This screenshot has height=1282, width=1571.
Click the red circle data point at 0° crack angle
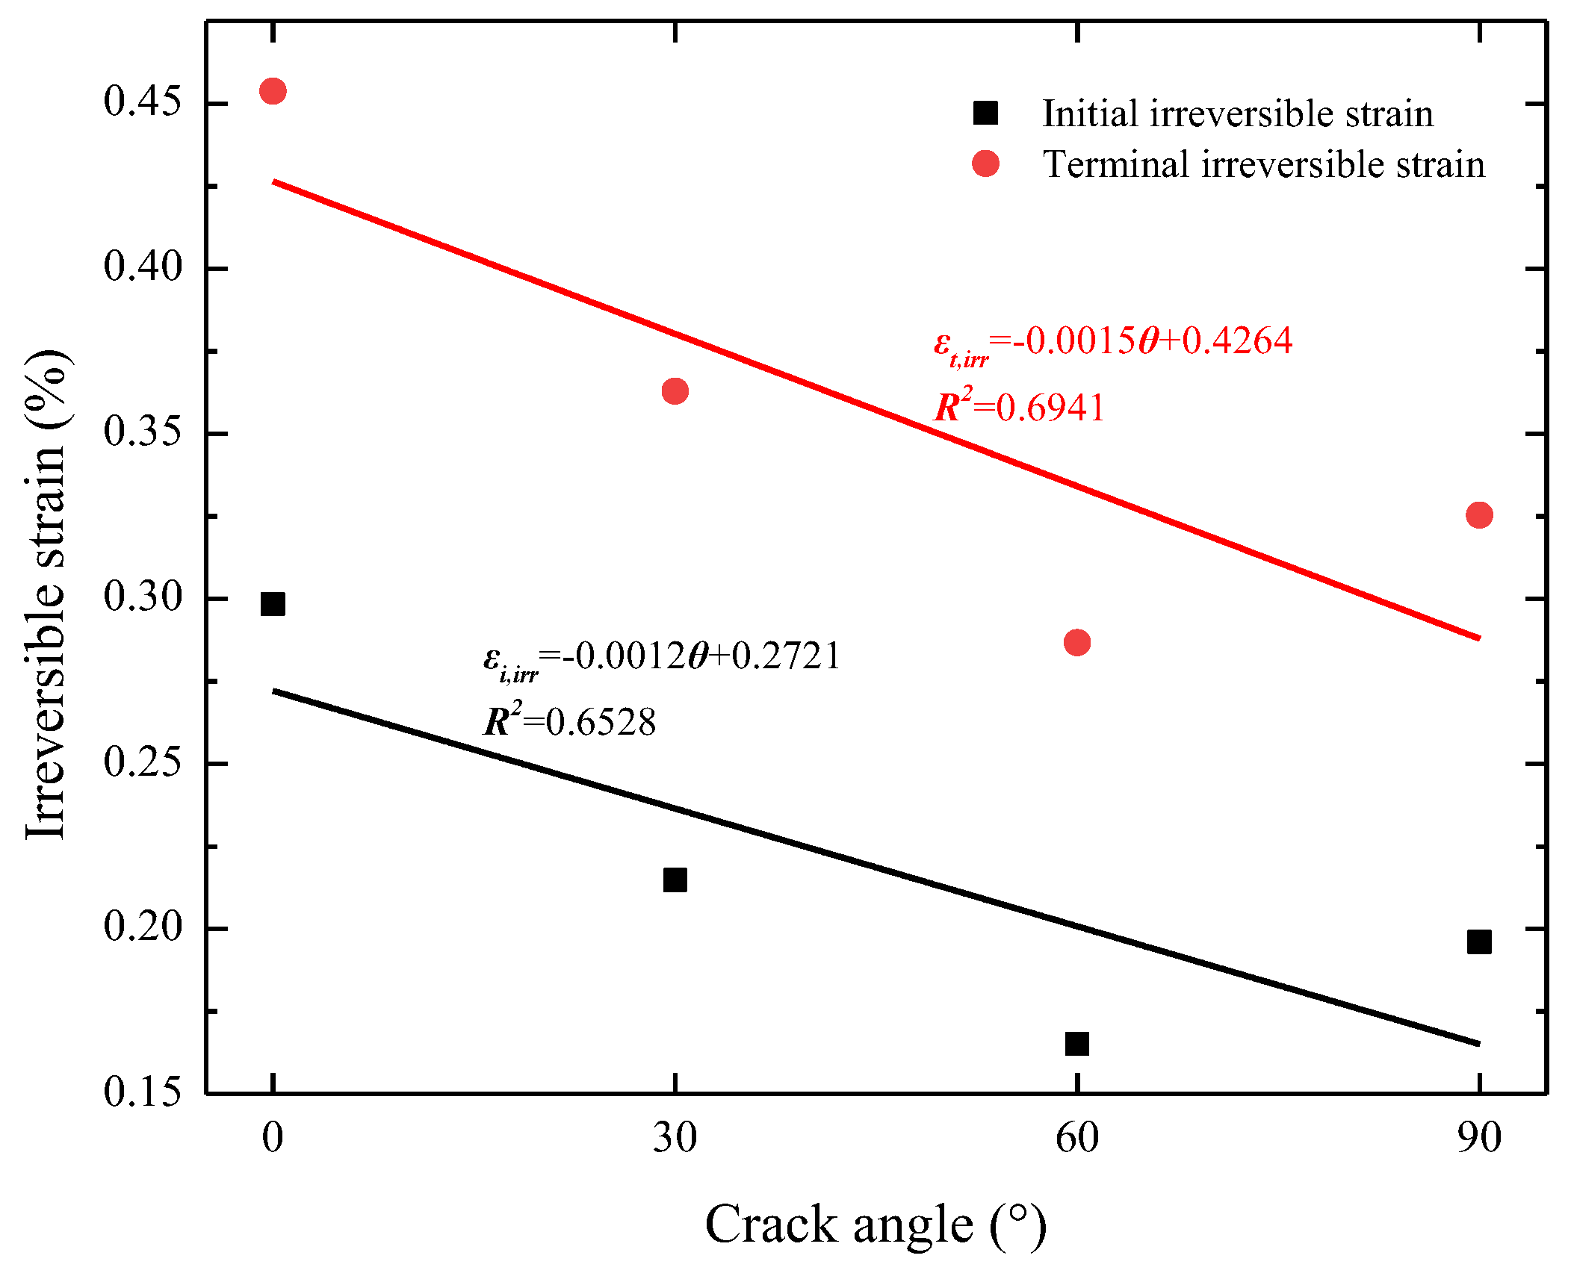[x=273, y=91]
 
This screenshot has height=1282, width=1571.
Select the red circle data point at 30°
[x=675, y=390]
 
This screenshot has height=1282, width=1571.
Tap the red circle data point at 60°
[x=1076, y=642]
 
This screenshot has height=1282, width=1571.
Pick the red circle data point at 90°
[x=1478, y=515]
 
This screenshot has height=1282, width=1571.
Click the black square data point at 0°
[x=273, y=604]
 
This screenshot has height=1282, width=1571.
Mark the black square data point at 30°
[x=675, y=880]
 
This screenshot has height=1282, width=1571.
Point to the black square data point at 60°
[x=1076, y=1043]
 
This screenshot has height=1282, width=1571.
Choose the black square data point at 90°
[x=1478, y=942]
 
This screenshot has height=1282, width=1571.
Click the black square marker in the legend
[x=985, y=113]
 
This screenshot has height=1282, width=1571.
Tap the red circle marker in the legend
[x=985, y=164]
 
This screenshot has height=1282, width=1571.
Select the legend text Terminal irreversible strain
[x=1263, y=164]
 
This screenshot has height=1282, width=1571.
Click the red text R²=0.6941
[x=1019, y=408]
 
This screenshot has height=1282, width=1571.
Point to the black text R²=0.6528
[x=569, y=722]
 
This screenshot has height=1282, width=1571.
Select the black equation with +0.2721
[x=661, y=659]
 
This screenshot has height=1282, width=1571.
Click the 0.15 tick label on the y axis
[x=142, y=1092]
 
